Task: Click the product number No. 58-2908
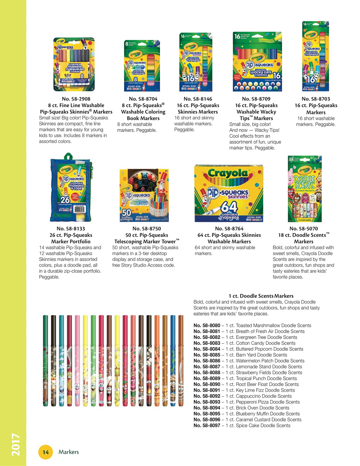[76, 99]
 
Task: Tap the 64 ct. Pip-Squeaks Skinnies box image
[228, 193]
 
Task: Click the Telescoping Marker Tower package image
[144, 196]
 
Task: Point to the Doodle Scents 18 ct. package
[304, 189]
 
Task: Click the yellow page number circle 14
[45, 452]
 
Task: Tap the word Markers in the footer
[69, 452]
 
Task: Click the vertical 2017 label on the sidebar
[15, 444]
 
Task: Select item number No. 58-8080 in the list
[207, 326]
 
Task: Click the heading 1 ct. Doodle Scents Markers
[261, 296]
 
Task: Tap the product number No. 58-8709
[256, 99]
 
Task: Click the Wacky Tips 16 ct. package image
[257, 62]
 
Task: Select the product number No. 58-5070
[303, 229]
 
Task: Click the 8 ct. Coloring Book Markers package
[142, 65]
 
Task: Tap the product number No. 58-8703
[315, 99]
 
